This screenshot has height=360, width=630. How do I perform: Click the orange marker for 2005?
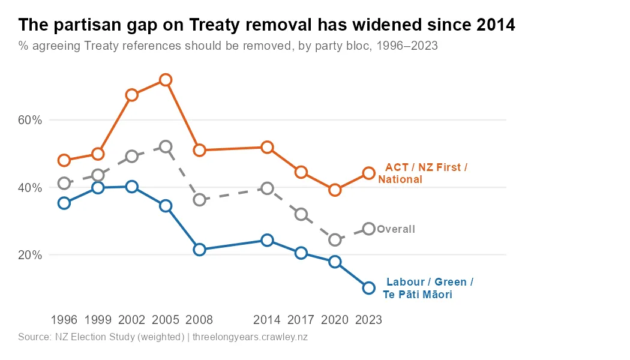tap(166, 80)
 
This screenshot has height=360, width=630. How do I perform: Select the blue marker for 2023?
tap(369, 288)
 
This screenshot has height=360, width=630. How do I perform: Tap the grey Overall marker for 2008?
tap(200, 200)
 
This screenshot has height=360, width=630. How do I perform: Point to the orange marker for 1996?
tap(64, 160)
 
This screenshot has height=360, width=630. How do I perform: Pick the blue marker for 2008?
tap(200, 250)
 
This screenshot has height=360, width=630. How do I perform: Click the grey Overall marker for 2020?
tap(335, 240)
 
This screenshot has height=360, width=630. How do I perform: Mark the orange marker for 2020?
tap(335, 190)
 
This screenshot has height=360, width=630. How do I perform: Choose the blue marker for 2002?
tap(132, 187)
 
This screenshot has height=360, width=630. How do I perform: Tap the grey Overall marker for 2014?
tap(268, 188)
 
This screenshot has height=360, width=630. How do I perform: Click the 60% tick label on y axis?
tap(30, 120)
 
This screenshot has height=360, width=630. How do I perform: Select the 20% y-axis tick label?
tap(30, 255)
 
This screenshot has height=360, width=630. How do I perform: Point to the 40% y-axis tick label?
tap(30, 188)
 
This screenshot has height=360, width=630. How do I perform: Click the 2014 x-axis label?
tap(268, 320)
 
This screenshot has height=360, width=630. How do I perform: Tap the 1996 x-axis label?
tap(64, 320)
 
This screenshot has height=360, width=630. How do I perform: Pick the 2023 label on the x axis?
tap(369, 320)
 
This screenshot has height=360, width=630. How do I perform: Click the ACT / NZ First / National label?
tap(422, 173)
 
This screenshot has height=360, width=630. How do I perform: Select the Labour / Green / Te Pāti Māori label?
tap(428, 289)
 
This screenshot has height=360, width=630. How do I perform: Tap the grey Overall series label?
tap(396, 229)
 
